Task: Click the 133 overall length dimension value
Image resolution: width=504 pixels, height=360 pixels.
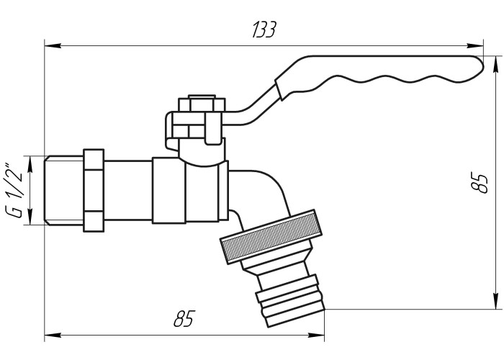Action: point(264,30)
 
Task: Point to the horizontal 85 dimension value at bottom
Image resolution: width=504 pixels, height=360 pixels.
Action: point(184,318)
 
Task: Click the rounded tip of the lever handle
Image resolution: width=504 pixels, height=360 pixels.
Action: point(479,66)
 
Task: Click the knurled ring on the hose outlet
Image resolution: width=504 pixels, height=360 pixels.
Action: point(271,236)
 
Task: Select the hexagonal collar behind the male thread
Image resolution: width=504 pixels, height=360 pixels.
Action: point(94,190)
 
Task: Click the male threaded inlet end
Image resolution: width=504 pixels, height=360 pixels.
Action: point(63,190)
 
